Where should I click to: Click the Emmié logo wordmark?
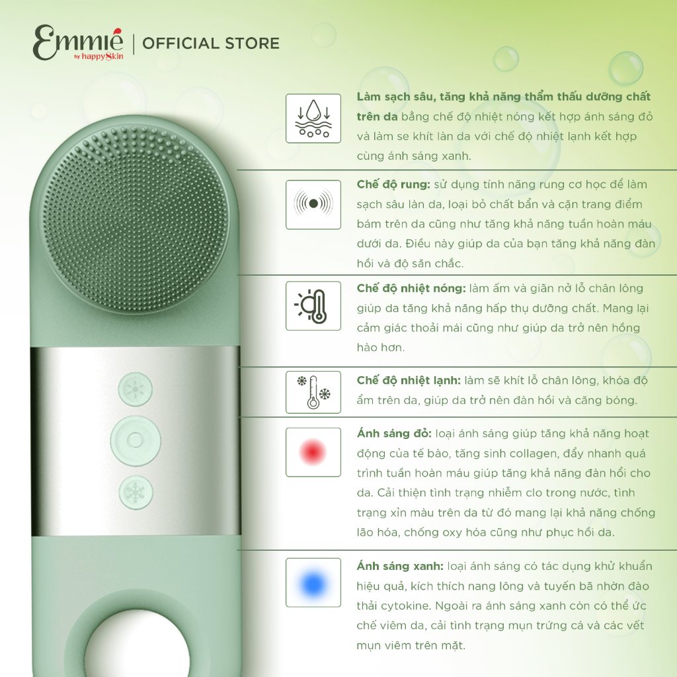click(78, 42)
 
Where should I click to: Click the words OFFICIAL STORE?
click(211, 44)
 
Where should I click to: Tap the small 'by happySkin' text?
click(99, 56)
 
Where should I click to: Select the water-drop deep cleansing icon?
click(313, 118)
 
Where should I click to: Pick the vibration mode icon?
click(313, 204)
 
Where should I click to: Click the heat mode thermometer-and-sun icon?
click(313, 305)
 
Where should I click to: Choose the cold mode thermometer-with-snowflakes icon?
click(313, 392)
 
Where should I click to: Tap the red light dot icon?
click(313, 452)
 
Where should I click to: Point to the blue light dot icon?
click(313, 582)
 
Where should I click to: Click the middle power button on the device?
click(136, 440)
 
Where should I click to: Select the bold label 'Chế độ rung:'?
click(393, 185)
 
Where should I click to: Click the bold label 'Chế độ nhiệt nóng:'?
click(411, 288)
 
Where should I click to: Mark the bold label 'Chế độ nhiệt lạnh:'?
click(409, 380)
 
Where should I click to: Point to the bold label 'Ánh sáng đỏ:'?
click(394, 434)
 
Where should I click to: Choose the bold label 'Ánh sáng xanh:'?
click(400, 566)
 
